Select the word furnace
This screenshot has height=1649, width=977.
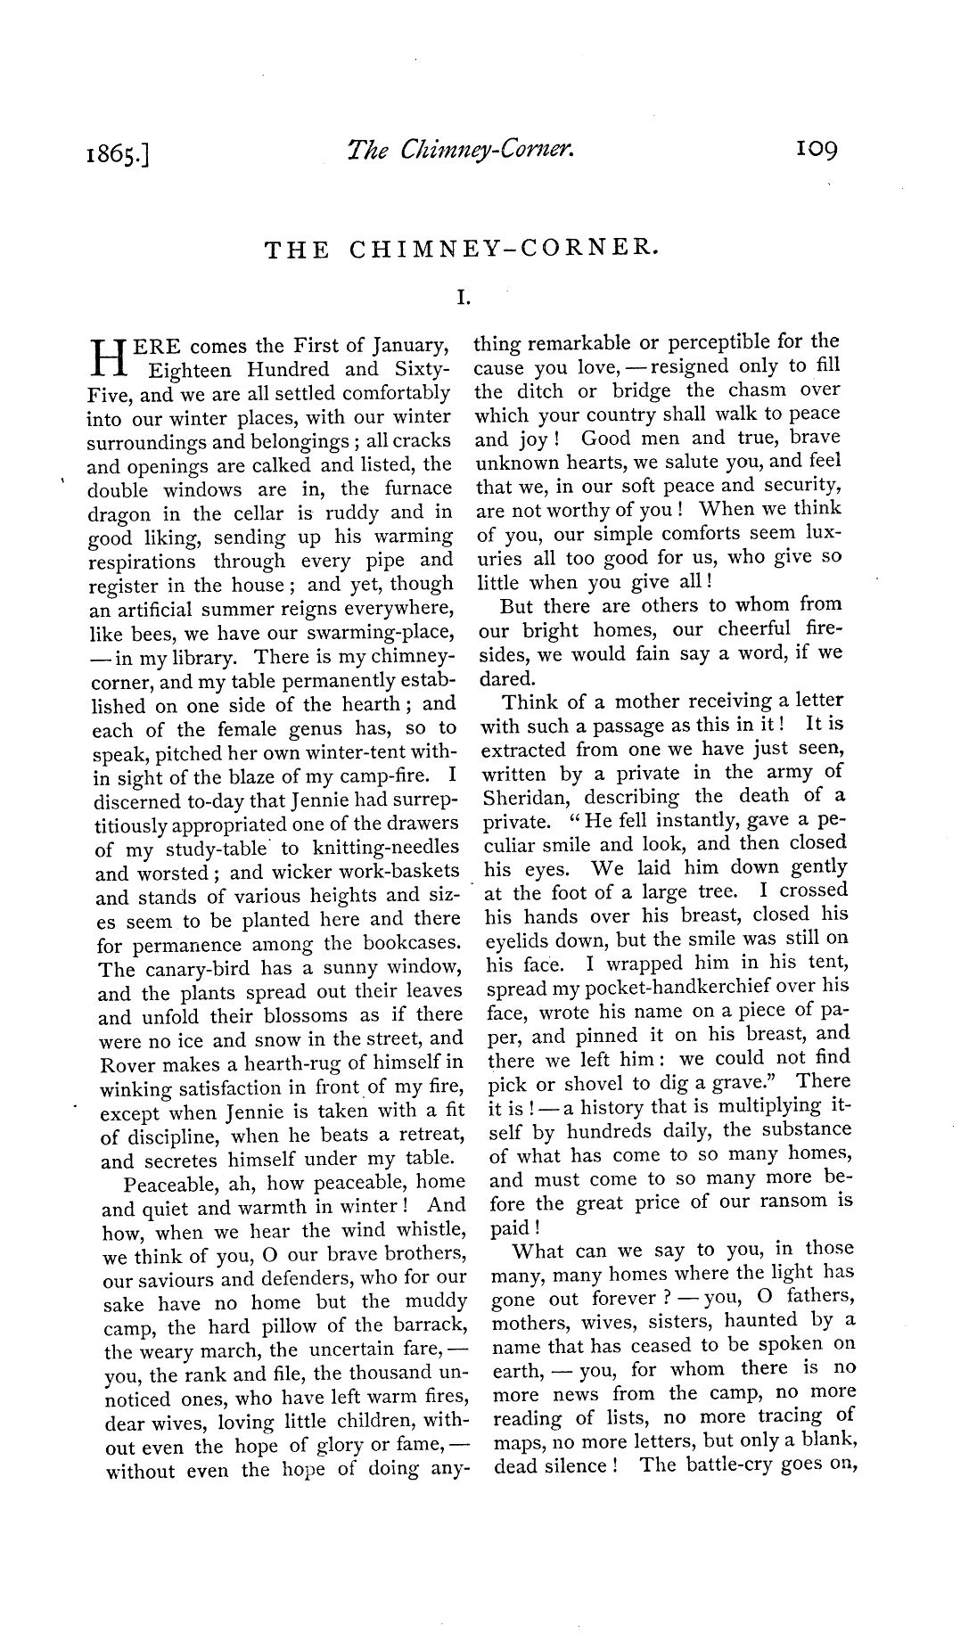pyautogui.click(x=418, y=488)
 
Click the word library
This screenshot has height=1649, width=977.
pyautogui.click(x=206, y=658)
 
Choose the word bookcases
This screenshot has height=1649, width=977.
pyautogui.click(x=407, y=944)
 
